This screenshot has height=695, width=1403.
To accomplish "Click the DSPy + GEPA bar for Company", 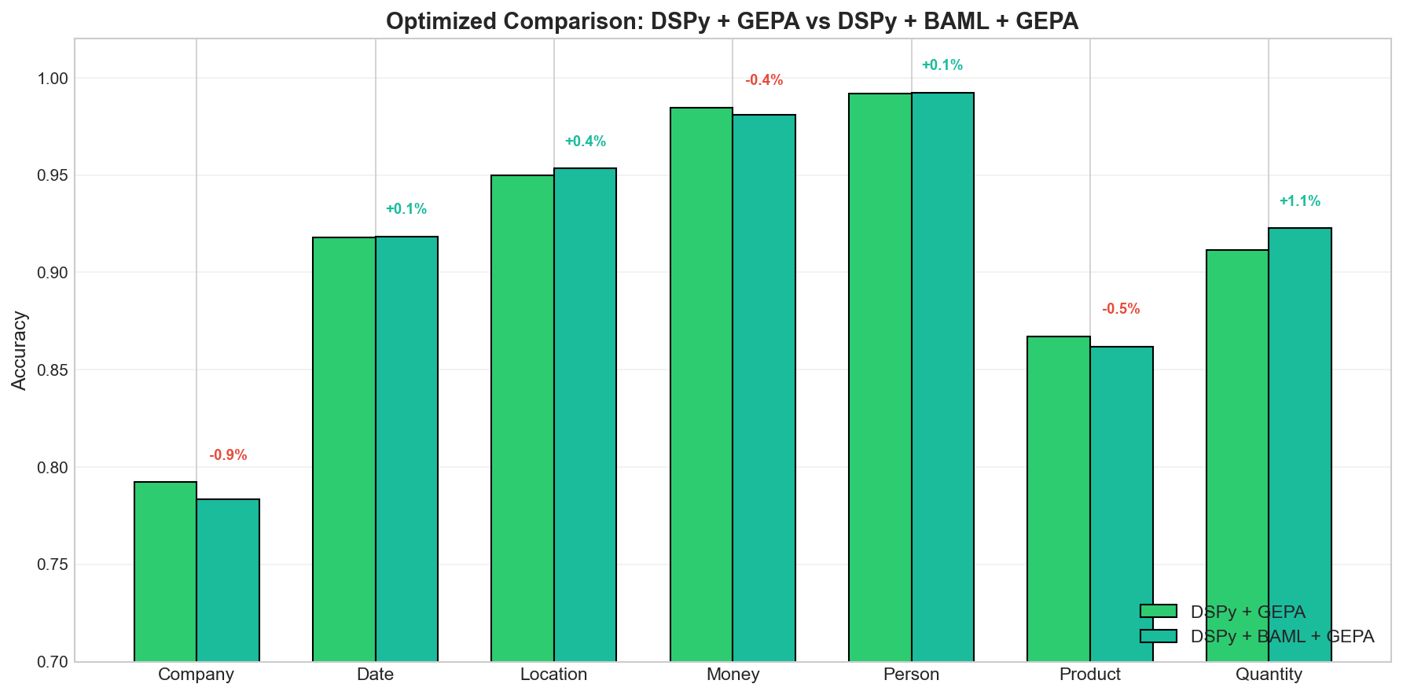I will tap(165, 572).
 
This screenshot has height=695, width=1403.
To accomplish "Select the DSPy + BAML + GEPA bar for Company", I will tap(228, 580).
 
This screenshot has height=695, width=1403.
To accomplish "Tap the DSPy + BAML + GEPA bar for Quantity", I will tap(1300, 445).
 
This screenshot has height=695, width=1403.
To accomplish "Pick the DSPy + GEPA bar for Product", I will tap(1058, 499).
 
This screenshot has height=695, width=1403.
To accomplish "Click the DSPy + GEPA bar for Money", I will tap(701, 384).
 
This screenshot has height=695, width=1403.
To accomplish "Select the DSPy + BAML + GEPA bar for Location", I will tap(585, 415).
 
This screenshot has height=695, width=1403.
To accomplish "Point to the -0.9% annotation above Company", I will tap(228, 455).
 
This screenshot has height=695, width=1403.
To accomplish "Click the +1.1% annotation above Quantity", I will tap(1299, 201).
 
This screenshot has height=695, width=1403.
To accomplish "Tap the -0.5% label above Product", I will tap(1121, 309).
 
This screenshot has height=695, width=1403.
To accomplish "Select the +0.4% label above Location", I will tap(585, 142).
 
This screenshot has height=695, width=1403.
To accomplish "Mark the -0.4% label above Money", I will tap(764, 80).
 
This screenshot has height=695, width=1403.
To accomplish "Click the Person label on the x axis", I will tap(911, 675).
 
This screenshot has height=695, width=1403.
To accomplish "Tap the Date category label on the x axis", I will tap(375, 675).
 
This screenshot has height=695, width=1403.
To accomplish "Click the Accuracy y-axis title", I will tap(20, 351).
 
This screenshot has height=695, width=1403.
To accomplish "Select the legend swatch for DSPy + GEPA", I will tap(1158, 612).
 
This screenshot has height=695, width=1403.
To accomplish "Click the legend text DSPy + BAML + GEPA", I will tap(1282, 637).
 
